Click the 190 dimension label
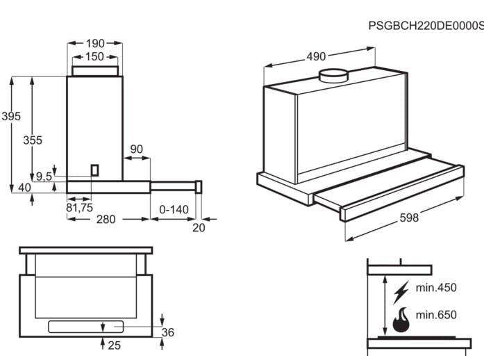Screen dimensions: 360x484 (94, 44)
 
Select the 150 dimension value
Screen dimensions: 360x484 (94, 57)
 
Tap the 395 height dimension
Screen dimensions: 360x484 (10, 116)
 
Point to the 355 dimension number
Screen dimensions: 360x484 (33, 140)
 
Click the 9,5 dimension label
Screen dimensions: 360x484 (44, 177)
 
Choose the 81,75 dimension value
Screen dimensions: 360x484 (79, 207)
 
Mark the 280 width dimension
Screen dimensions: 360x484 (106, 220)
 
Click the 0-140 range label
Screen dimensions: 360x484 (174, 209)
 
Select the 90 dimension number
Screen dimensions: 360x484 (136, 149)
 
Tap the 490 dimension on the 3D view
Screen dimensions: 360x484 (317, 56)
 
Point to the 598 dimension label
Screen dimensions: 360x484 (410, 218)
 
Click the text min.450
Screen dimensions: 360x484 (436, 288)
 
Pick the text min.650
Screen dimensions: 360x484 (436, 315)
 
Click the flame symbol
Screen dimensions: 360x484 (401, 320)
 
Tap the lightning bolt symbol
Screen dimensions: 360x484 (401, 292)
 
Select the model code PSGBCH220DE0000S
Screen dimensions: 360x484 (425, 26)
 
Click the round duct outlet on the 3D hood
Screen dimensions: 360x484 (333, 75)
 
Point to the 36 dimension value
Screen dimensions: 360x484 (167, 332)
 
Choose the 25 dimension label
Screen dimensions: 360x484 (114, 345)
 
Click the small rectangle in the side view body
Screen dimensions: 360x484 (95, 170)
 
